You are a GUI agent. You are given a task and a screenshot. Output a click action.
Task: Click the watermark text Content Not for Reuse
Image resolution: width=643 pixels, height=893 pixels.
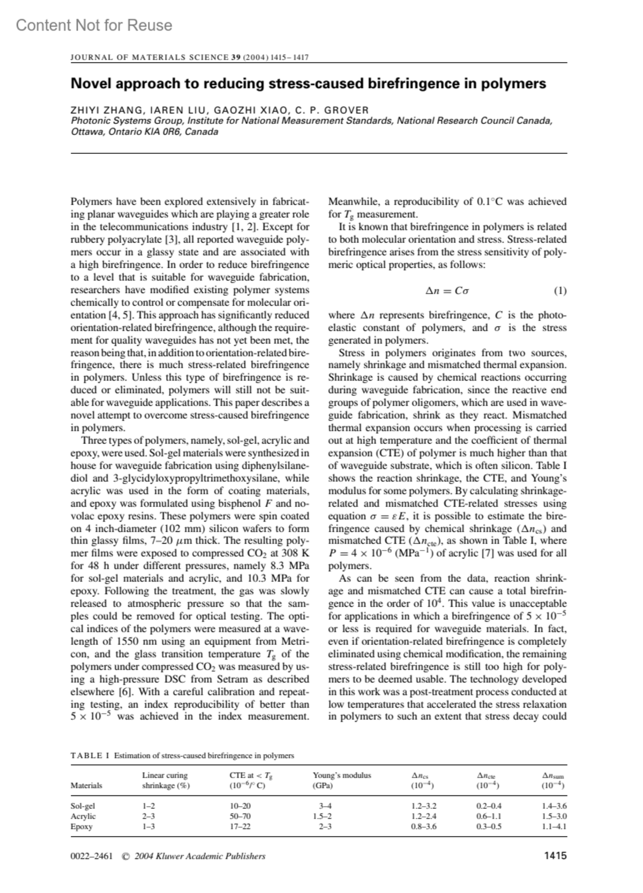point(94,25)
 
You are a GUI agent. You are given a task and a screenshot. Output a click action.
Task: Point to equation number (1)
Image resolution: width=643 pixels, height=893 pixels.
point(559,291)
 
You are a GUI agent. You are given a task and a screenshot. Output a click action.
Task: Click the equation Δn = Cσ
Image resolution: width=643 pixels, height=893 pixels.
point(447,291)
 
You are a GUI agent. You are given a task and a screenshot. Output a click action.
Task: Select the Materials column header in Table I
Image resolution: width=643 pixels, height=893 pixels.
point(86,785)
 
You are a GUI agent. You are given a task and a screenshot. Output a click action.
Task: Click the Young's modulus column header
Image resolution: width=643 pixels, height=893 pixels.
point(342,775)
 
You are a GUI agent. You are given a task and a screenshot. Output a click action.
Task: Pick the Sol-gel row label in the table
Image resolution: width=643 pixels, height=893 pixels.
point(83,806)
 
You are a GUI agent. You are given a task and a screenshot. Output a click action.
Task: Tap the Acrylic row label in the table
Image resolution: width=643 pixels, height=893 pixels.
point(83,816)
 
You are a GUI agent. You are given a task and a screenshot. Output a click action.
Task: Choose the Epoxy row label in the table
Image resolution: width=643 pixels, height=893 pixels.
point(81,827)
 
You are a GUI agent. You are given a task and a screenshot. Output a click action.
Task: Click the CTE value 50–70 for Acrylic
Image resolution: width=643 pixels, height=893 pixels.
point(240,816)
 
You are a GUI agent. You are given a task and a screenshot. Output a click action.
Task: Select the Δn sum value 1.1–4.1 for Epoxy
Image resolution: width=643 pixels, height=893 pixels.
point(554,827)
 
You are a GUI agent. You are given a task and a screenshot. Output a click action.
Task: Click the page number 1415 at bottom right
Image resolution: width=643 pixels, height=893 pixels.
point(555,856)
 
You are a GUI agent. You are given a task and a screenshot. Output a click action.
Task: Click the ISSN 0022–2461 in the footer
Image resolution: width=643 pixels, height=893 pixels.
point(92,857)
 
